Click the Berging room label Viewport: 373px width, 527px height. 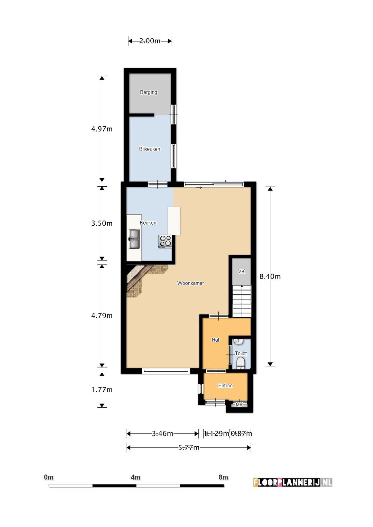148,92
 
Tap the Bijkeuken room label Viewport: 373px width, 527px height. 150,149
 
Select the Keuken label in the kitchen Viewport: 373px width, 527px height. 148,223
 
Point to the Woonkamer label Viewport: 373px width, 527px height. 191,283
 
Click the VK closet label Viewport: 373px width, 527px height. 241,271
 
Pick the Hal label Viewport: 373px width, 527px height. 215,340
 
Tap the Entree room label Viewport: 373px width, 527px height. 225,386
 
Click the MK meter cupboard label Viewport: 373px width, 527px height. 239,405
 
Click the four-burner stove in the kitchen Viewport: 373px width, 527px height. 165,241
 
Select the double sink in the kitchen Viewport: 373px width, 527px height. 134,239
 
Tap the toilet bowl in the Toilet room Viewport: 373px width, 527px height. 241,363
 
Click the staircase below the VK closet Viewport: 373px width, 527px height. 242,301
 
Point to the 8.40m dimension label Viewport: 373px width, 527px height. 270,276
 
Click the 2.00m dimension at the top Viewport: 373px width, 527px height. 150,41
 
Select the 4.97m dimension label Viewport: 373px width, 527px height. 102,129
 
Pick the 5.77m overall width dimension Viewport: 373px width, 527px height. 189,447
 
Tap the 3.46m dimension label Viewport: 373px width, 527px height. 162,434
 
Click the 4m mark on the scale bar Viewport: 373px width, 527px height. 136,477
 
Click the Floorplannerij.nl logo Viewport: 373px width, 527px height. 292,482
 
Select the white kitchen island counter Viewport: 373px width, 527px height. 174,221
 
